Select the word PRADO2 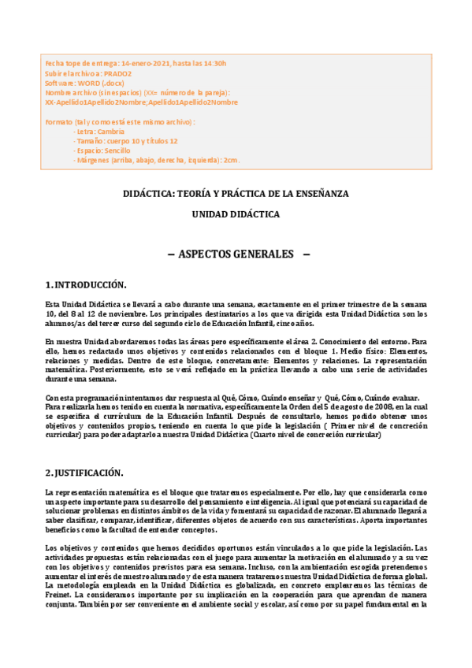point(119,73)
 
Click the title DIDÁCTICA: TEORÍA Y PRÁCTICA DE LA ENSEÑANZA point(236,193)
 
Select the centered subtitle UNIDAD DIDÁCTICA point(236,213)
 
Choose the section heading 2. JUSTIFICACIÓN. point(84,473)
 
